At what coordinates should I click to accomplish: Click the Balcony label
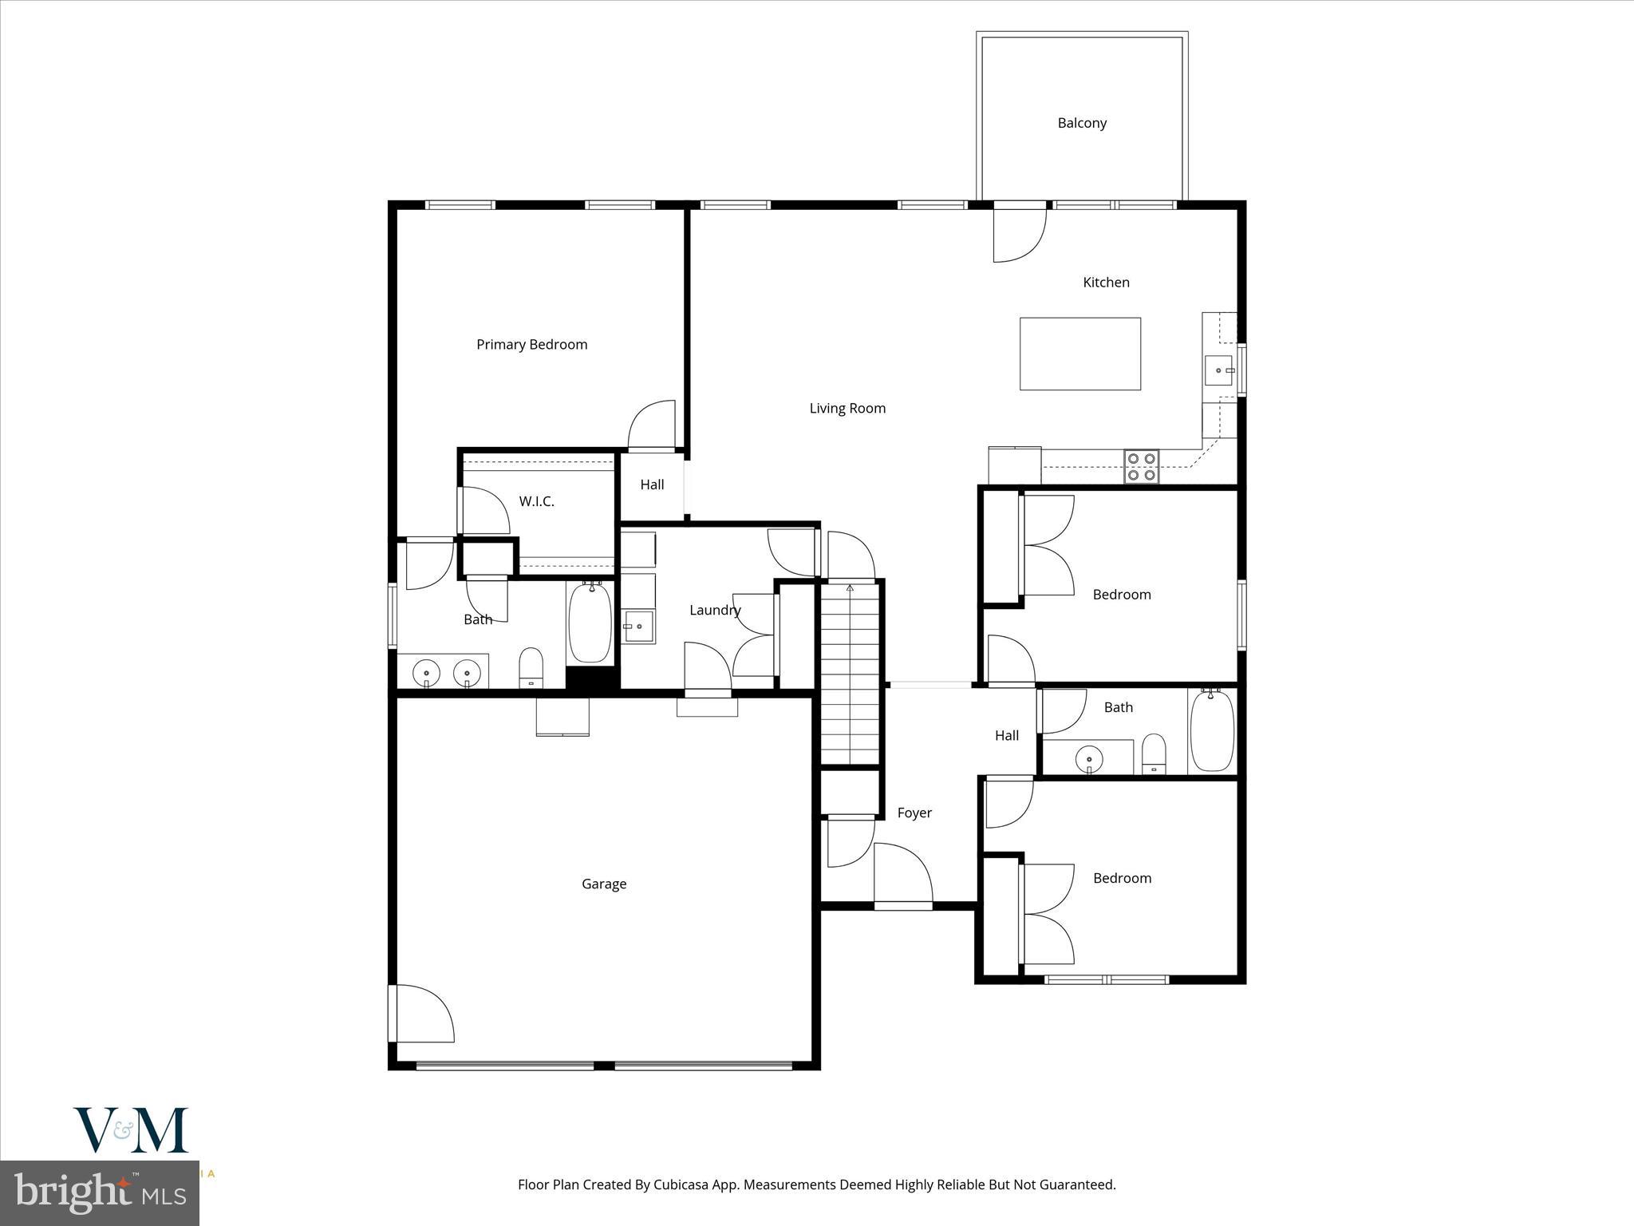[1081, 123]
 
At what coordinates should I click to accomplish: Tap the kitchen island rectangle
[1079, 354]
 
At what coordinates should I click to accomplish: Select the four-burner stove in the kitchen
[1141, 467]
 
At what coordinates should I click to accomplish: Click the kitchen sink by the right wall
[1218, 370]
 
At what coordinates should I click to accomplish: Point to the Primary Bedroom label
[531, 345]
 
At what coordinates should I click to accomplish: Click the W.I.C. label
[536, 501]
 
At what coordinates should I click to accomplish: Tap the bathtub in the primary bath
[590, 623]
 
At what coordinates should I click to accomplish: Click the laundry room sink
[637, 627]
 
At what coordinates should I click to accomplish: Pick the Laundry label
[715, 611]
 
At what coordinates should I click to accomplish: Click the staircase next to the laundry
[851, 674]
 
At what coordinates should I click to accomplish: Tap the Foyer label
[914, 813]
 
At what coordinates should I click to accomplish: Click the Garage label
[604, 884]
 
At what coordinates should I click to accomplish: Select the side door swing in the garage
[423, 1014]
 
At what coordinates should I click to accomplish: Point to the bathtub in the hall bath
[1211, 730]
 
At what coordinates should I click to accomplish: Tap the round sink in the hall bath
[1087, 756]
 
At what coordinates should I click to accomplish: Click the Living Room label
[847, 409]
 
